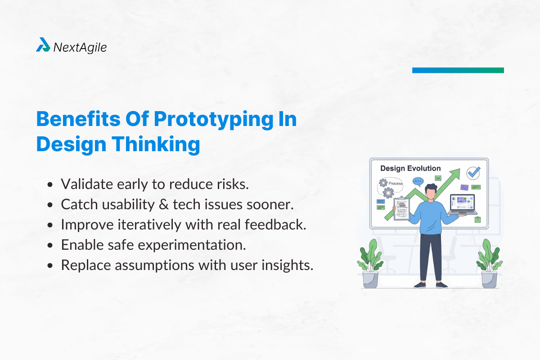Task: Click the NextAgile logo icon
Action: [x=43, y=45]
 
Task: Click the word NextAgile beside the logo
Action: [x=80, y=47]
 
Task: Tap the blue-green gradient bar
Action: [x=458, y=70]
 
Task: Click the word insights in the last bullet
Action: [x=288, y=265]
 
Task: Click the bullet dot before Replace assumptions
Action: [x=50, y=265]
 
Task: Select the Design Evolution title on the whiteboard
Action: [x=410, y=168]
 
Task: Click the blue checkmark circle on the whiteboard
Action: [x=473, y=172]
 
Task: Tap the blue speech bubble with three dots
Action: [x=418, y=182]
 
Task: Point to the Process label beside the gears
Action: [x=396, y=184]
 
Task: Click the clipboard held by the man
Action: [x=401, y=208]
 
